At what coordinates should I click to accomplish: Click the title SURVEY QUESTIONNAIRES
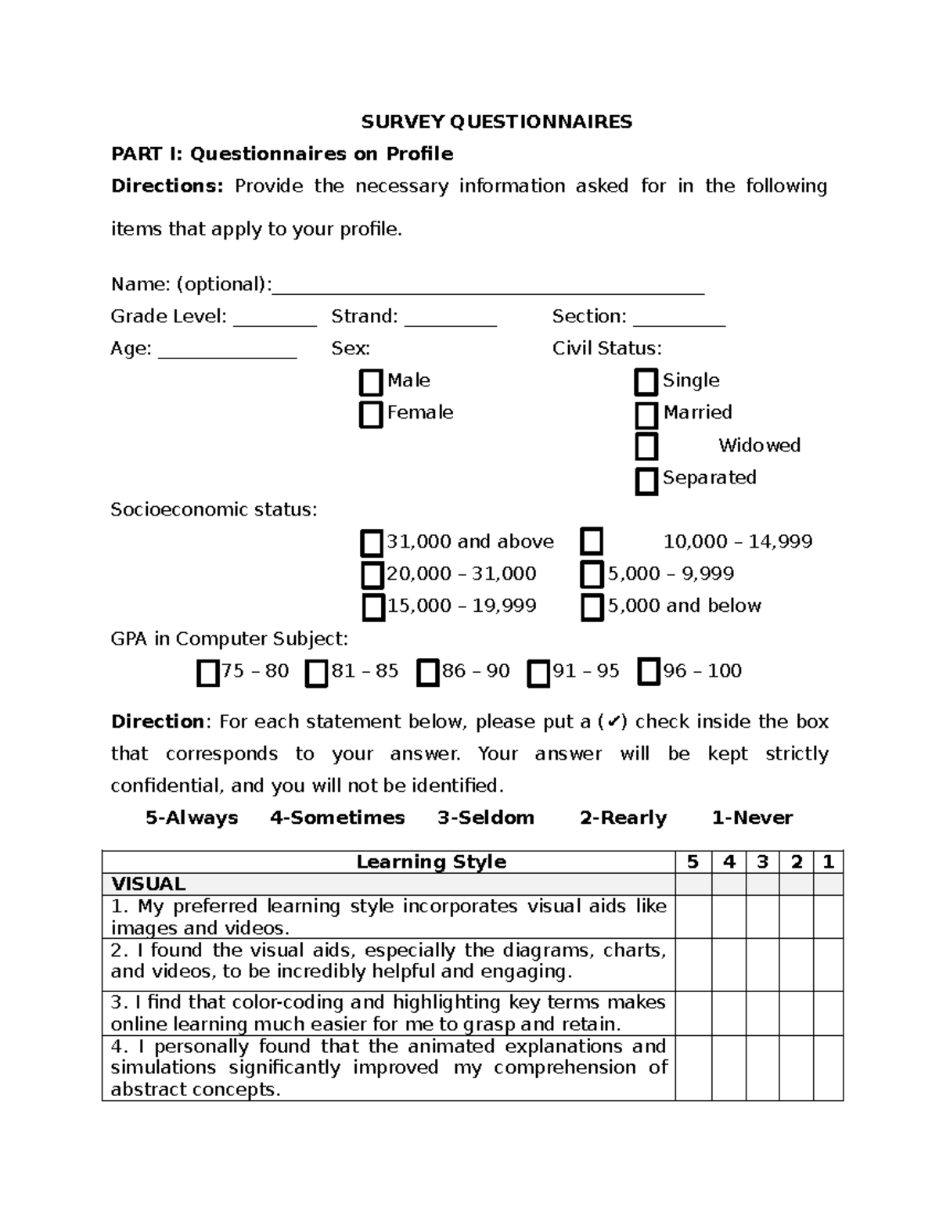click(x=496, y=122)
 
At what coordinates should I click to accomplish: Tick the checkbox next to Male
click(x=371, y=383)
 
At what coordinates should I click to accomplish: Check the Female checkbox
click(x=371, y=415)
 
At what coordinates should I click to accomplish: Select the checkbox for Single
click(x=646, y=383)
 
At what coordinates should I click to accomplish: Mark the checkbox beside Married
click(x=646, y=415)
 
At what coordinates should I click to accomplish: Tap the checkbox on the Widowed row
click(x=646, y=447)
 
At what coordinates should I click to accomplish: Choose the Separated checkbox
click(x=646, y=481)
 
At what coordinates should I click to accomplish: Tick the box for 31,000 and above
click(x=372, y=543)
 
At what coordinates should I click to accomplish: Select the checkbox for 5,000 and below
click(x=592, y=608)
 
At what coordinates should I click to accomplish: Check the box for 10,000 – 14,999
click(x=592, y=541)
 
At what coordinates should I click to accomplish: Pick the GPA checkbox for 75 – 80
click(x=207, y=673)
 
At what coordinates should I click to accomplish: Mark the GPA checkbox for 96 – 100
click(x=649, y=672)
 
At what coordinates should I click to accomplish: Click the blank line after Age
click(x=228, y=351)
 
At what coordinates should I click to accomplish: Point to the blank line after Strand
click(x=451, y=319)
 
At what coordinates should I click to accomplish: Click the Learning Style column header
click(x=431, y=862)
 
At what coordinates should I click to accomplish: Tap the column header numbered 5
click(x=693, y=862)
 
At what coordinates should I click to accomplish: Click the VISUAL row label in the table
click(x=149, y=884)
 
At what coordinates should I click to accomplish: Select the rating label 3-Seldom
click(x=486, y=818)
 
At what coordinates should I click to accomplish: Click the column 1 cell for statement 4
click(x=828, y=1068)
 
